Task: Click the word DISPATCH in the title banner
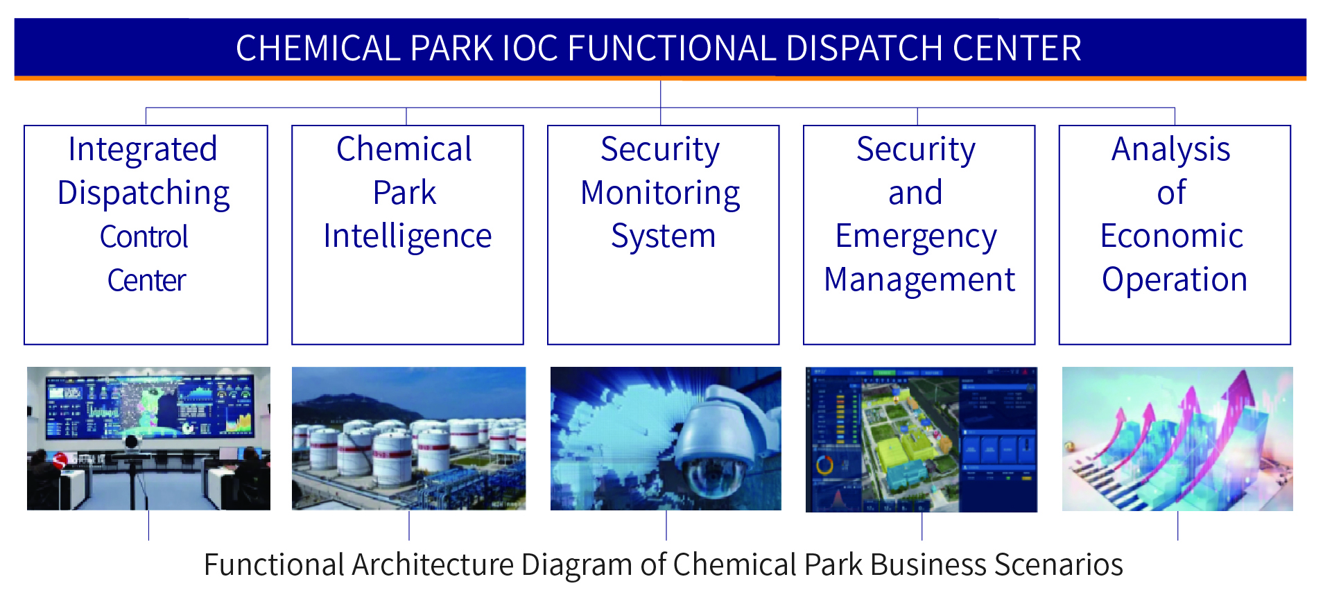coord(865,49)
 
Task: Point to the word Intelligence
coord(408,237)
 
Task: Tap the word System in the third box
coord(664,237)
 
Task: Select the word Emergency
coord(916,237)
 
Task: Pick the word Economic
coord(1172,236)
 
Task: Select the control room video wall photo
coord(148,438)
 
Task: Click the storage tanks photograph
coord(408,438)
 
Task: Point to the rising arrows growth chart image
coord(1177,439)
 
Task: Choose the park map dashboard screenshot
coord(922,440)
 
